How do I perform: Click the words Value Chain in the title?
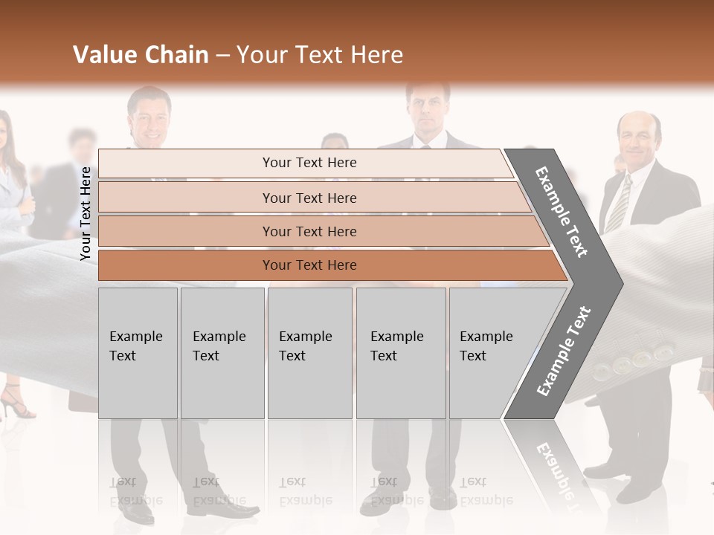pyautogui.click(x=141, y=55)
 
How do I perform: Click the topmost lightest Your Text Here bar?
pyautogui.click(x=309, y=163)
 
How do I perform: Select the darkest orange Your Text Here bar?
pyautogui.click(x=309, y=265)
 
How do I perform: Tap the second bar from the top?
pyautogui.click(x=309, y=198)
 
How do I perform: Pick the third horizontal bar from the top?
pyautogui.click(x=309, y=231)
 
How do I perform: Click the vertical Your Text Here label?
pyautogui.click(x=86, y=214)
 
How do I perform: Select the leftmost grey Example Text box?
pyautogui.click(x=138, y=353)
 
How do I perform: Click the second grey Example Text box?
pyautogui.click(x=222, y=353)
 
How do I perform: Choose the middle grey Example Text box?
pyautogui.click(x=309, y=353)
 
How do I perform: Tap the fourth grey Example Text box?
pyautogui.click(x=400, y=353)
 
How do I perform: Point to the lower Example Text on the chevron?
pyautogui.click(x=564, y=351)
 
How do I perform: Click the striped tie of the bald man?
pyautogui.click(x=618, y=202)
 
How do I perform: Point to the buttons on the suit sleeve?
pyautogui.click(x=632, y=360)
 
